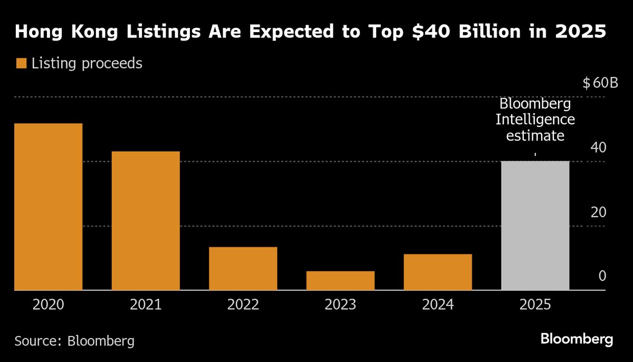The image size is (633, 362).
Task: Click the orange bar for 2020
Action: pyautogui.click(x=48, y=207)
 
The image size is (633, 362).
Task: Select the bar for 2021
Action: pyautogui.click(x=146, y=220)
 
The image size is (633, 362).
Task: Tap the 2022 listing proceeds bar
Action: pyautogui.click(x=243, y=268)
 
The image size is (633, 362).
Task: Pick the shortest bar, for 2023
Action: pyautogui.click(x=340, y=280)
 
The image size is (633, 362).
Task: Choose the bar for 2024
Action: pyautogui.click(x=438, y=272)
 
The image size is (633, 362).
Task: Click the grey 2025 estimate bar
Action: pyautogui.click(x=535, y=226)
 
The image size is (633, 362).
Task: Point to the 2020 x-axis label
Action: pyautogui.click(x=48, y=305)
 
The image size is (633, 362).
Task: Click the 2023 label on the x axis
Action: pyautogui.click(x=340, y=305)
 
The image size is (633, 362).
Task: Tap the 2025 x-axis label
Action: pyautogui.click(x=535, y=305)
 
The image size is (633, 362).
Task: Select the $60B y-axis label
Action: pyautogui.click(x=600, y=83)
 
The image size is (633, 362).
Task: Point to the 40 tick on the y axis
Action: pyautogui.click(x=598, y=148)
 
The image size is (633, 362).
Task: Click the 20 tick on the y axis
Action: pyautogui.click(x=598, y=212)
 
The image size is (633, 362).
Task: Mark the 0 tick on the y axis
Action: pyautogui.click(x=602, y=277)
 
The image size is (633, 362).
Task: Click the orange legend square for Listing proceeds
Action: pyautogui.click(x=21, y=64)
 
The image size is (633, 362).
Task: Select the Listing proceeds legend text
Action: pyautogui.click(x=87, y=64)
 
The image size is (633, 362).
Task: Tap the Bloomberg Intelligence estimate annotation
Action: pyautogui.click(x=535, y=120)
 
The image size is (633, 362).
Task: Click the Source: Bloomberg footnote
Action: pyautogui.click(x=74, y=340)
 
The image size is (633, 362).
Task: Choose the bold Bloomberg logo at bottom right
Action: pyautogui.click(x=577, y=339)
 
